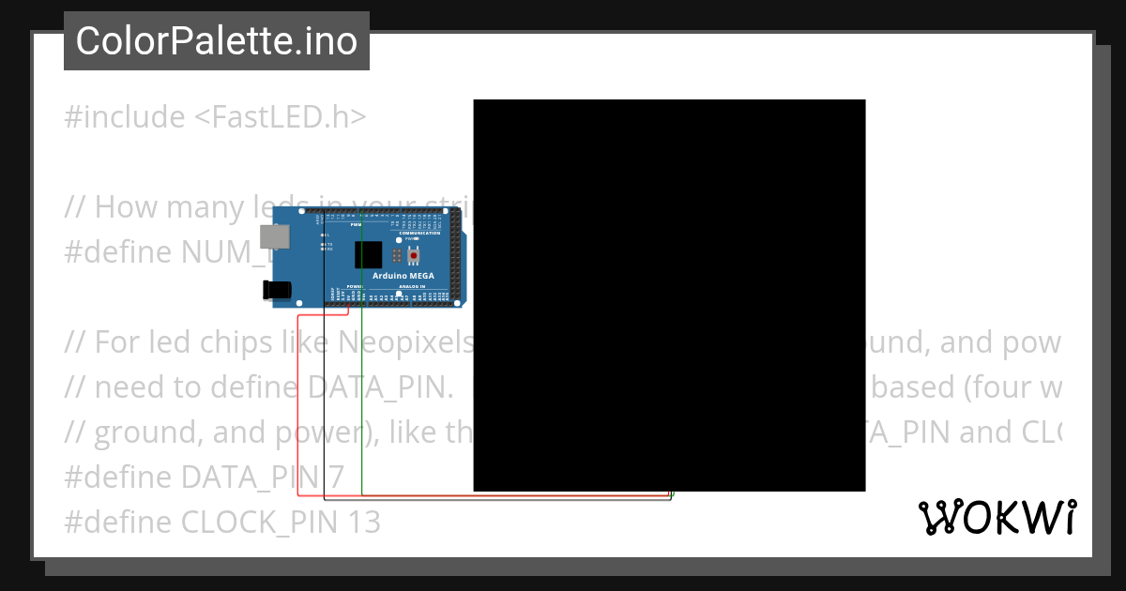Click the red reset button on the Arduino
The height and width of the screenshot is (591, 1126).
414,255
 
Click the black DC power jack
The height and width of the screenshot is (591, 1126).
279,292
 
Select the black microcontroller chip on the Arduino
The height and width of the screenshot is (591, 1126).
369,255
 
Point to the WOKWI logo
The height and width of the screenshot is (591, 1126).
997,517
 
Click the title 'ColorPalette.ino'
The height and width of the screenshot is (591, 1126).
217,41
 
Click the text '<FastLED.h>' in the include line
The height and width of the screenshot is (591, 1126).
281,117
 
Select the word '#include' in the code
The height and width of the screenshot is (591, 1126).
125,117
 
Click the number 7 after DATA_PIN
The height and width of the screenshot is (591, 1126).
336,477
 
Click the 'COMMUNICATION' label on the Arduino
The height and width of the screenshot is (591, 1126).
418,233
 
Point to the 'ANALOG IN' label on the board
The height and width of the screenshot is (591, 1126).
413,287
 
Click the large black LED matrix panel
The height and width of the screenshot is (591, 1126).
669,295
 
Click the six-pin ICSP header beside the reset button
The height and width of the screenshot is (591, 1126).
398,255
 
